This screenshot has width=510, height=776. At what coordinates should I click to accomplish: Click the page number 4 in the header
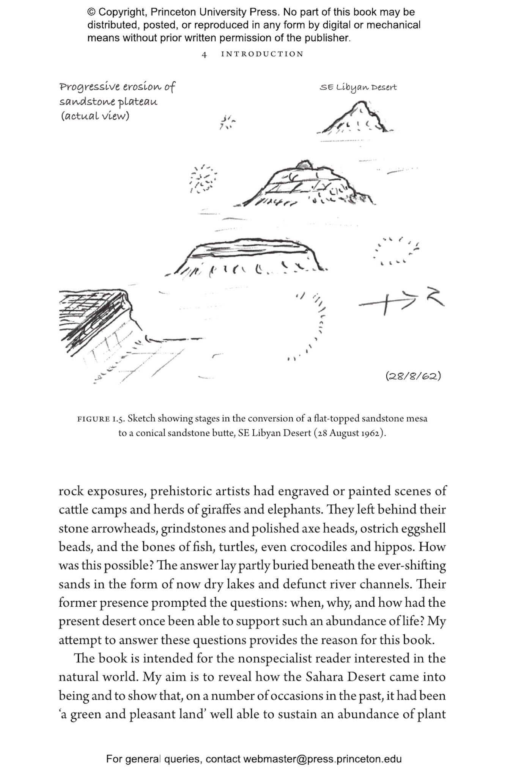(204, 55)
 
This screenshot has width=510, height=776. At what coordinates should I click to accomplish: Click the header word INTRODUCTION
(262, 54)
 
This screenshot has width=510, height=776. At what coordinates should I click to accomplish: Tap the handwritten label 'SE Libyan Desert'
(358, 88)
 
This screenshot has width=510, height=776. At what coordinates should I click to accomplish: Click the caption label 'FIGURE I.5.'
(101, 419)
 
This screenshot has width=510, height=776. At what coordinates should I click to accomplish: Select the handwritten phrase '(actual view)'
(95, 116)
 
